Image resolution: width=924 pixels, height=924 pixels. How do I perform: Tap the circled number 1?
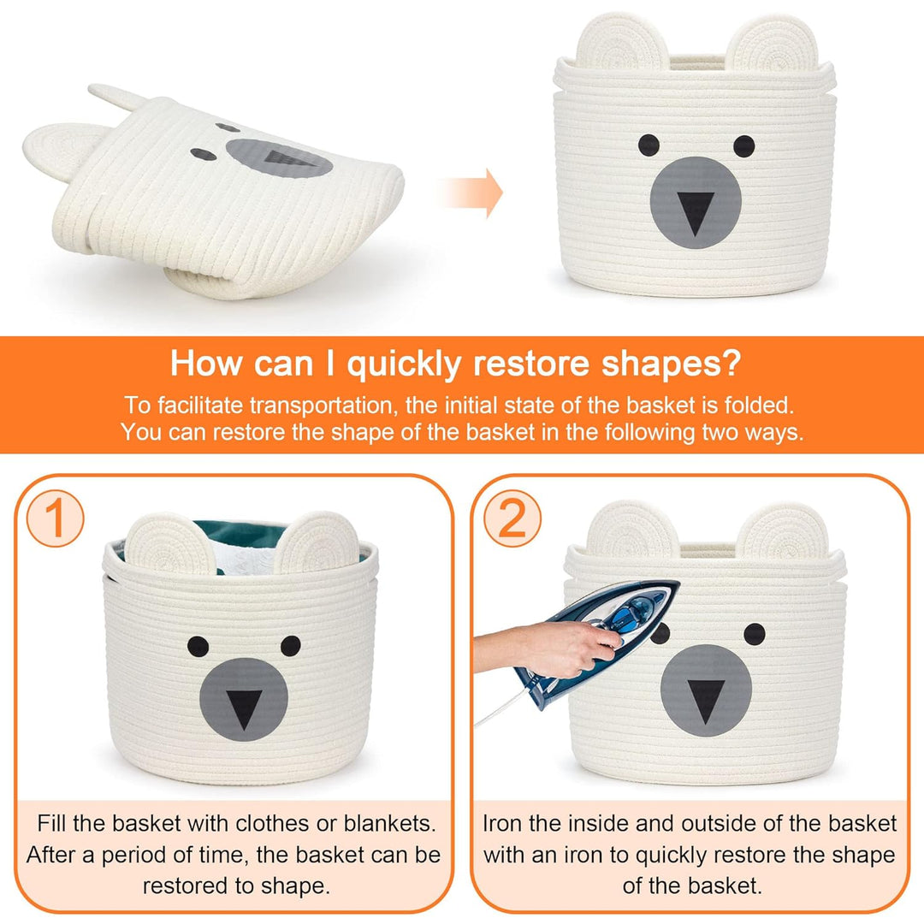pyautogui.click(x=55, y=518)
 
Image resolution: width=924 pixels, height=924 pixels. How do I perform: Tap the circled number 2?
pyautogui.click(x=512, y=518)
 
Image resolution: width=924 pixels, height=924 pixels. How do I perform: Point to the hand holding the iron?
pyautogui.click(x=548, y=649)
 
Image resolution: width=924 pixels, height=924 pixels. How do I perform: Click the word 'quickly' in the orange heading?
pyautogui.click(x=404, y=364)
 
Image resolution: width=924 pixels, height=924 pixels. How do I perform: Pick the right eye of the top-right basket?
pyautogui.click(x=743, y=145)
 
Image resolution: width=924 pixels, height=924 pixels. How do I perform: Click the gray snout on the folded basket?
pyautogui.click(x=279, y=158)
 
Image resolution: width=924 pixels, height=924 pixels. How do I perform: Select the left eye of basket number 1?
pyautogui.click(x=198, y=647)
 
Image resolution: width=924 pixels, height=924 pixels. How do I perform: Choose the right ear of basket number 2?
pyautogui.click(x=783, y=533)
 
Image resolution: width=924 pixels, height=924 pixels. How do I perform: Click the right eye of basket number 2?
pyautogui.click(x=755, y=634)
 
